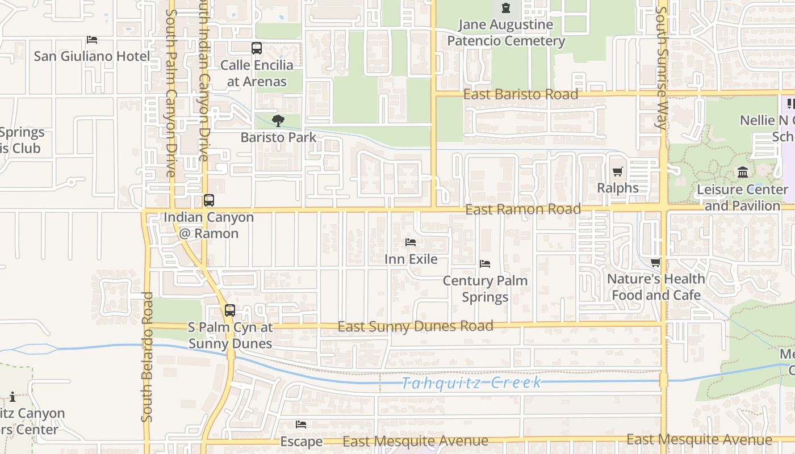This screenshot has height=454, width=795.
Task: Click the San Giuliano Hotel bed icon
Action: click(92, 40)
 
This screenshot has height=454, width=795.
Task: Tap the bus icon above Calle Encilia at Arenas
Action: click(257, 48)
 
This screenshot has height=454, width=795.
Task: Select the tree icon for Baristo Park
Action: click(278, 120)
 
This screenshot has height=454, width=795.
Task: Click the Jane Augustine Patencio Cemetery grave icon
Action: click(505, 8)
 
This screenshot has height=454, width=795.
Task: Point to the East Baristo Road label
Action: click(520, 94)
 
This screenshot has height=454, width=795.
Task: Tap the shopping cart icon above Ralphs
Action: click(618, 171)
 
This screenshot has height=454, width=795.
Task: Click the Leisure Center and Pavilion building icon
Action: click(742, 172)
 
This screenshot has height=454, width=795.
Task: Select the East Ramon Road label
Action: click(522, 209)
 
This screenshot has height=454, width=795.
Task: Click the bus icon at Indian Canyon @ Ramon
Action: click(209, 200)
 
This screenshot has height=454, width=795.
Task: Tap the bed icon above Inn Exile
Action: click(411, 242)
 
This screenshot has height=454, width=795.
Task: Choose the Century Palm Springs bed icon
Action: click(485, 264)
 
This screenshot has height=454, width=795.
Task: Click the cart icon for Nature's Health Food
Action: click(656, 262)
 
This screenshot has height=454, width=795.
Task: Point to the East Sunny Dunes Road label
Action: click(415, 326)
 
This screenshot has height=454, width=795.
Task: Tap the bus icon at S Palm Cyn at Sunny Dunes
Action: click(229, 310)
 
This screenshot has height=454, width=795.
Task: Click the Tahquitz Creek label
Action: click(471, 382)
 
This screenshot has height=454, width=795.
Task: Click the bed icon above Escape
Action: click(301, 424)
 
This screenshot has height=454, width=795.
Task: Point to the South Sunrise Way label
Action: click(662, 68)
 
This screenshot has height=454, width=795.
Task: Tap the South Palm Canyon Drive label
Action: click(171, 93)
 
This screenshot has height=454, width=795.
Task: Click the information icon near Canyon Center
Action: click(12, 397)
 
